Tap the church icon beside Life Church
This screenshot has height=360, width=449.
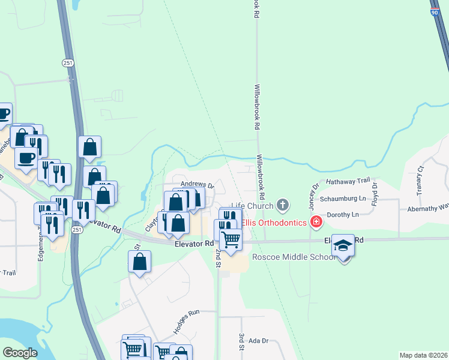point(283,206)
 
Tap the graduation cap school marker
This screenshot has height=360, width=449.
point(343,245)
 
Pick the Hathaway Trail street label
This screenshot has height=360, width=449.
point(348,181)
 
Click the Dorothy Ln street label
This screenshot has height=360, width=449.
point(343,214)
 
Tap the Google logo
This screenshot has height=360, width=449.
point(20,353)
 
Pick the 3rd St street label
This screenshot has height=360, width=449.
point(241,341)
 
